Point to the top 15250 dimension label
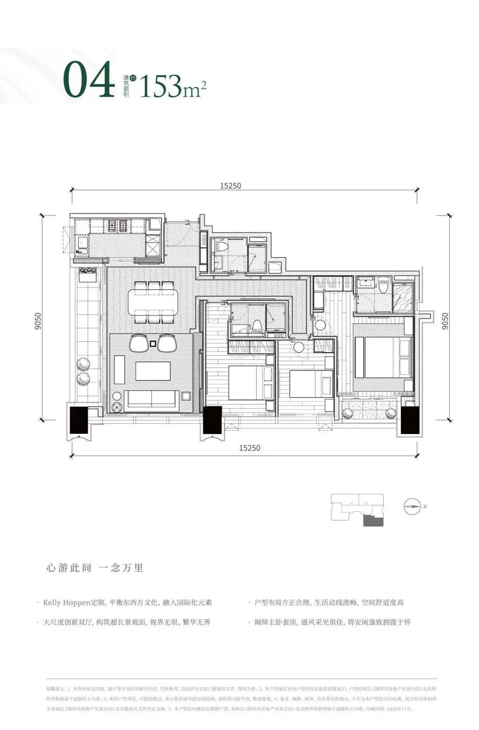tap(231, 186)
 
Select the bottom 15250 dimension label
tap(249, 448)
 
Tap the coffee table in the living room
tap(153, 371)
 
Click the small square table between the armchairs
tap(153, 343)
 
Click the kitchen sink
tap(82, 244)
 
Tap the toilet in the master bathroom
tap(384, 284)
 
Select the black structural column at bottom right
tap(410, 420)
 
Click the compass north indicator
tap(412, 506)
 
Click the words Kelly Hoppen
tap(63, 603)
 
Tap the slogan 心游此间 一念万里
tap(94, 568)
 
